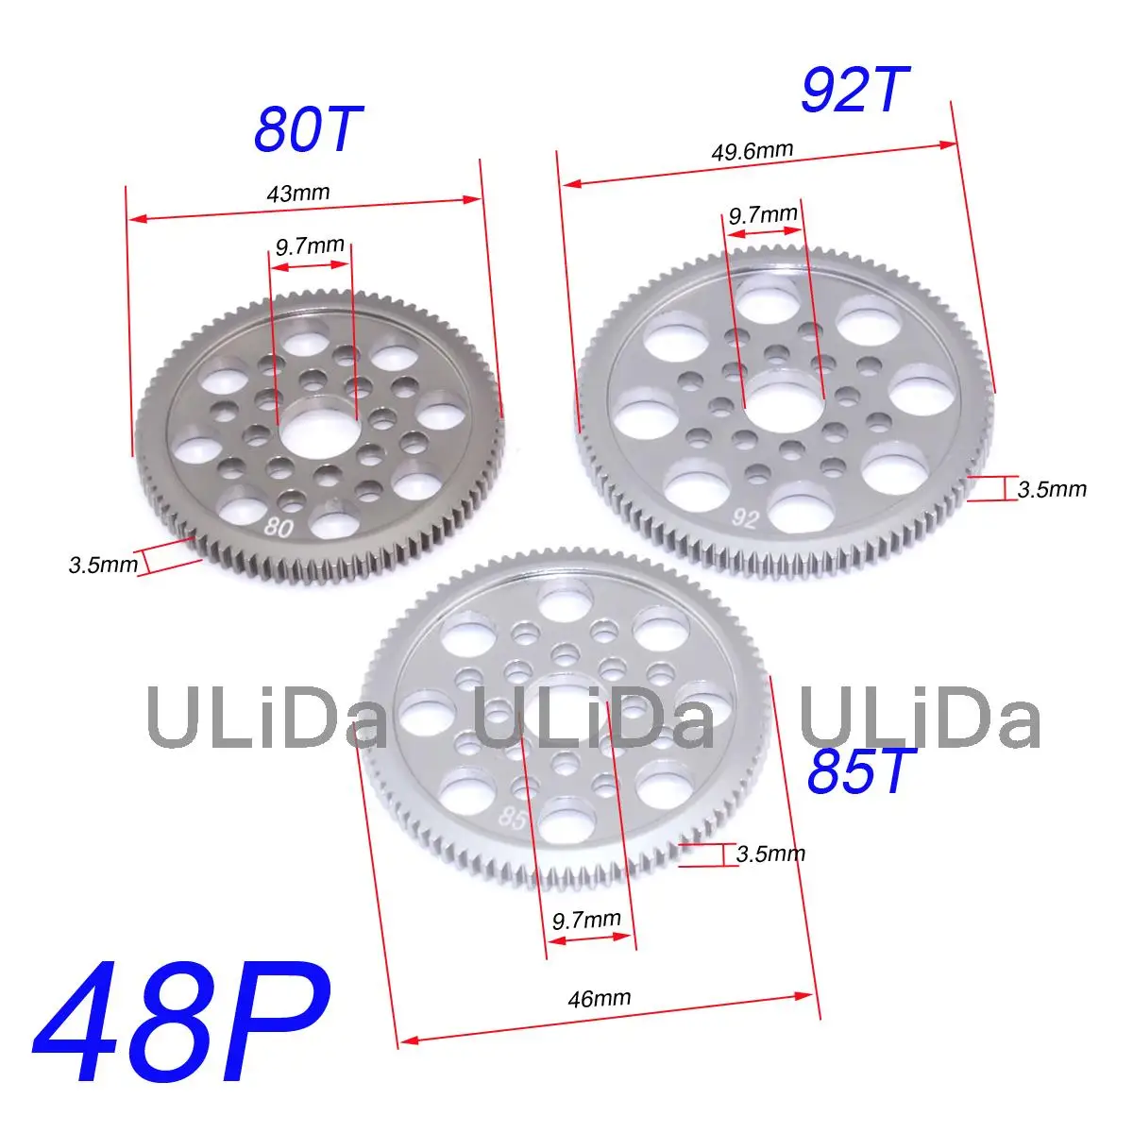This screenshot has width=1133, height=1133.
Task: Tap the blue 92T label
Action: [854, 90]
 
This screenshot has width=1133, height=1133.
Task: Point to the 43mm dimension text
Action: [298, 194]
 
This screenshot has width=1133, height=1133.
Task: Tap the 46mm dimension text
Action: [600, 997]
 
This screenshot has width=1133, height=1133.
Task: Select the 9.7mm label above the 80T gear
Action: [310, 247]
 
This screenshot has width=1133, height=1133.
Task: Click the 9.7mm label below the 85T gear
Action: [586, 920]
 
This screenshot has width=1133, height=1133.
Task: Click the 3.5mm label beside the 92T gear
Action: [1052, 489]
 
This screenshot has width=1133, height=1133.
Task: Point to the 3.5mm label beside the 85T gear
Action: [770, 854]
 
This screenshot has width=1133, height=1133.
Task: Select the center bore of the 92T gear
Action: [783, 398]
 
